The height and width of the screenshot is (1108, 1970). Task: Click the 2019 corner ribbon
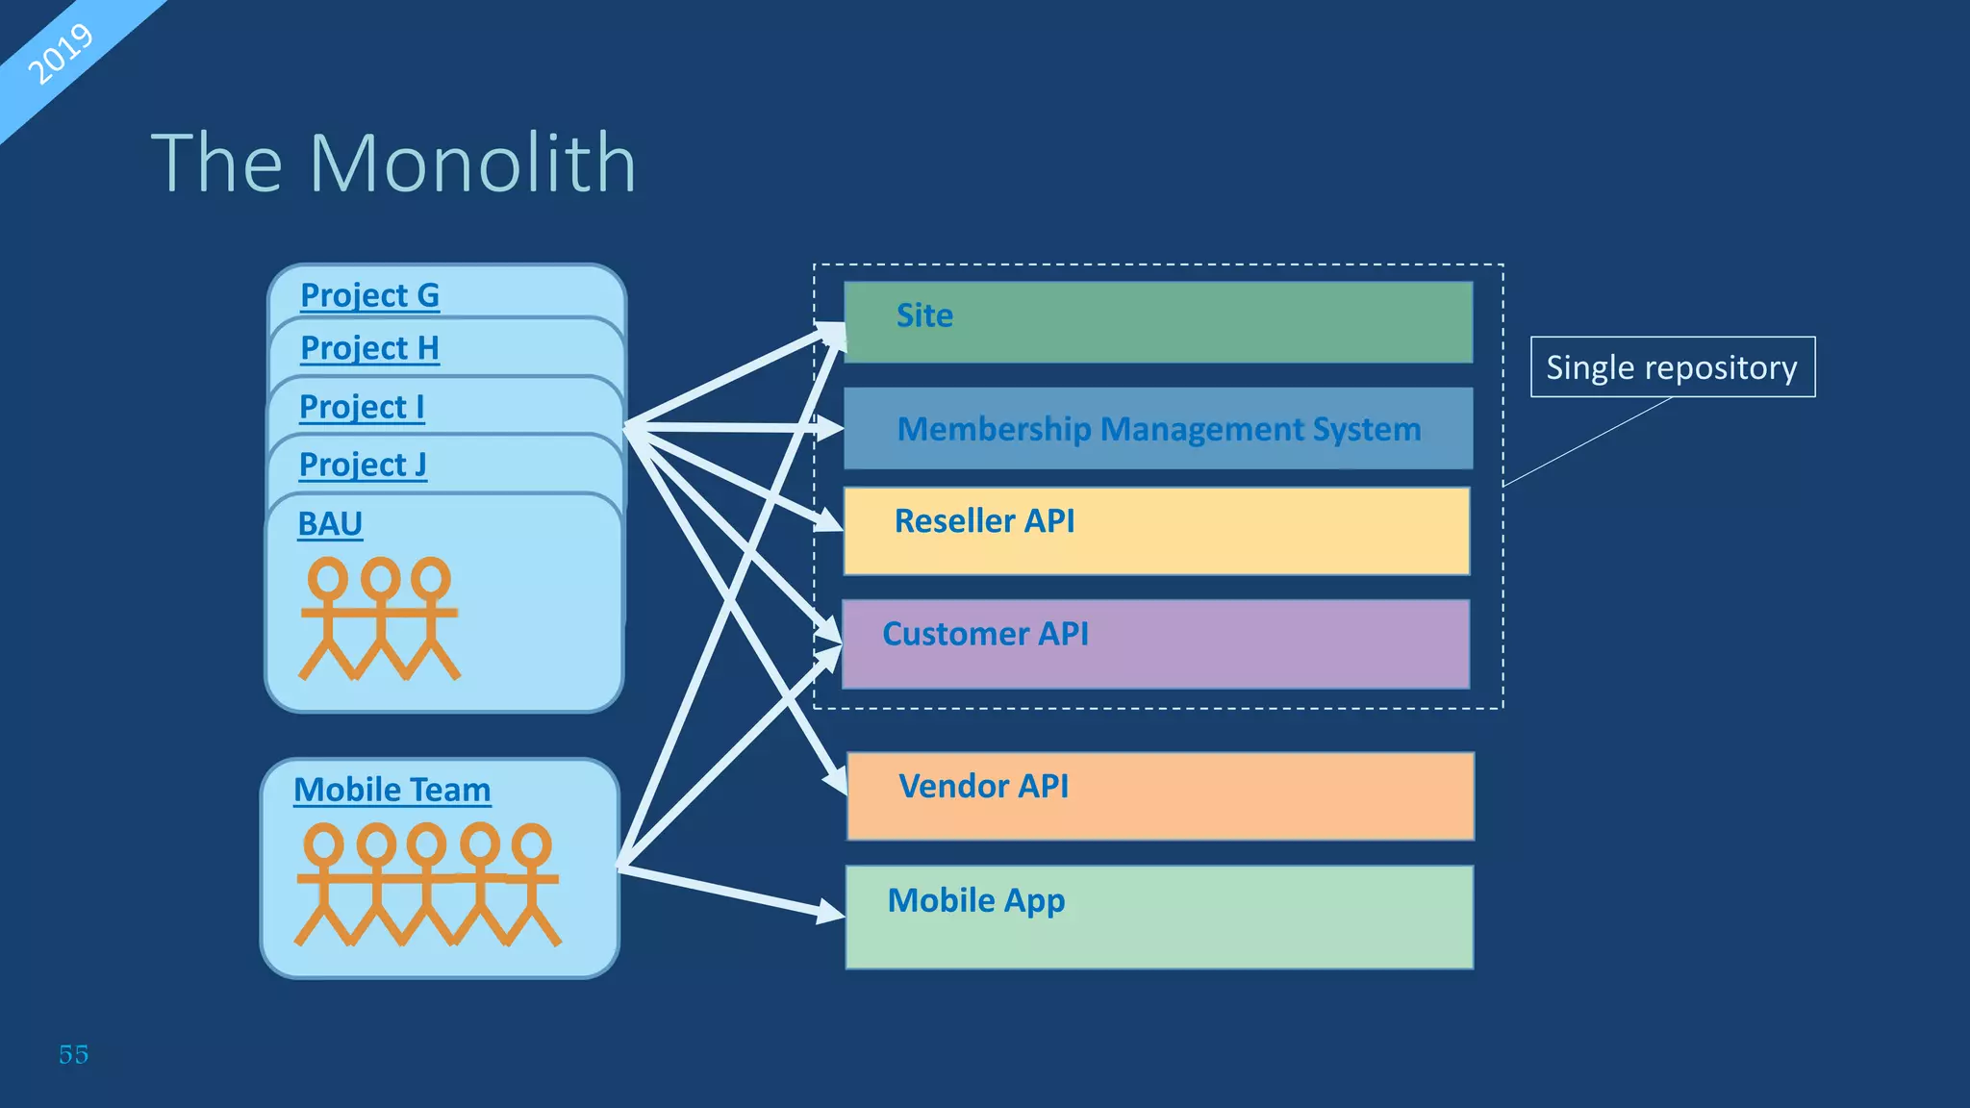(60, 54)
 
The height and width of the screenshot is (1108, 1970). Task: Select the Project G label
(369, 295)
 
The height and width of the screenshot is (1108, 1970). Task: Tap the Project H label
(369, 348)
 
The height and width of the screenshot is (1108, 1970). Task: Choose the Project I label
(362, 407)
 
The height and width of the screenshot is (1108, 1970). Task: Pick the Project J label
(363, 465)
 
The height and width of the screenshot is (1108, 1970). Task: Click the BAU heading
(330, 524)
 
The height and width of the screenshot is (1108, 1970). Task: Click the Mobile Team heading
(391, 790)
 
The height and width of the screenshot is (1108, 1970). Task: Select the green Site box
(1158, 322)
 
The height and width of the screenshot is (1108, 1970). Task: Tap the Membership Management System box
(1158, 429)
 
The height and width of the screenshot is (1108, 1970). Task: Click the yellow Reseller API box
(1156, 531)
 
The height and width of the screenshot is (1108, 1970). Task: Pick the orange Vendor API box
(1160, 796)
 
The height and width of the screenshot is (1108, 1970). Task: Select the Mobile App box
(1159, 917)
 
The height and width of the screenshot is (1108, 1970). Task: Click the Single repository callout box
(1672, 367)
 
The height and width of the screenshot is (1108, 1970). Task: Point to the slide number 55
(73, 1054)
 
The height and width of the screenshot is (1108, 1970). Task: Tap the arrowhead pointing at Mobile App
(833, 911)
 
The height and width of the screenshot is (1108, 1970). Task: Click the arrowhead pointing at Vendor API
(836, 779)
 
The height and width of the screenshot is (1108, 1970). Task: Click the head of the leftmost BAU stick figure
(327, 578)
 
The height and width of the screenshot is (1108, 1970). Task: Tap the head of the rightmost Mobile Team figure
(531, 844)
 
